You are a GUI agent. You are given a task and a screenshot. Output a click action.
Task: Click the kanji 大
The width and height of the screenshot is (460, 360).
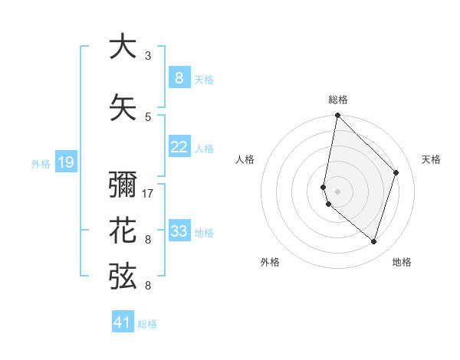click(x=123, y=47)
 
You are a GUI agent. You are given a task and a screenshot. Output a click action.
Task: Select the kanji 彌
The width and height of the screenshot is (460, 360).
click(x=123, y=186)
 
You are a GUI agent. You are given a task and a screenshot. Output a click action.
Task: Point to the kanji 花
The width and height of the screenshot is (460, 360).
click(x=123, y=231)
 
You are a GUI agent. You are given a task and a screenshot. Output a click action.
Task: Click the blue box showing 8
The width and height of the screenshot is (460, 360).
click(x=179, y=78)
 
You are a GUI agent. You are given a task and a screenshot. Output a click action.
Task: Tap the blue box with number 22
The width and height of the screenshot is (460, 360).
click(x=179, y=147)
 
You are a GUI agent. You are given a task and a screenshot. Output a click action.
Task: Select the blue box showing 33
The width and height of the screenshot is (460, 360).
click(x=179, y=231)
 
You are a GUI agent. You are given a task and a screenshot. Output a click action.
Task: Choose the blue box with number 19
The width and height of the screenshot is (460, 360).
click(x=65, y=162)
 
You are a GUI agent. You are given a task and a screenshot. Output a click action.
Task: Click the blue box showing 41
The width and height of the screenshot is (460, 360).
click(x=123, y=322)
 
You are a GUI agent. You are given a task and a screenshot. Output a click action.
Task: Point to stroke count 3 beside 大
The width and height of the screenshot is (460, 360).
click(x=148, y=56)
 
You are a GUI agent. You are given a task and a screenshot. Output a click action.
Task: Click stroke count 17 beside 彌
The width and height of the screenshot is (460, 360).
click(x=148, y=194)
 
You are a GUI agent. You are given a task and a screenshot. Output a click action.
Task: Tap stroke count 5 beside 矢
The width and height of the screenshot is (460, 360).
click(x=148, y=117)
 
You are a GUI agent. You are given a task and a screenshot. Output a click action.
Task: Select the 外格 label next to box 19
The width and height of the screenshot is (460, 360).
click(x=40, y=162)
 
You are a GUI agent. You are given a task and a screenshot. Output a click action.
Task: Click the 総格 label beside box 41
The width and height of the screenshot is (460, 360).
click(x=147, y=323)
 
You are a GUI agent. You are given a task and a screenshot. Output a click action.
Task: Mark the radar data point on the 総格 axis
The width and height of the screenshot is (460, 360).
click(x=337, y=116)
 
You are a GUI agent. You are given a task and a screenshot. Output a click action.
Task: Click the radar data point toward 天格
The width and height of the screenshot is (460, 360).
click(x=396, y=172)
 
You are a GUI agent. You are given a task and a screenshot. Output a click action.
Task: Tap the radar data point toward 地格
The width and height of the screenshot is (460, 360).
click(x=373, y=241)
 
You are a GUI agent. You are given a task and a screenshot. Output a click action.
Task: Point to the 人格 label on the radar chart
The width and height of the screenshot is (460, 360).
click(x=245, y=159)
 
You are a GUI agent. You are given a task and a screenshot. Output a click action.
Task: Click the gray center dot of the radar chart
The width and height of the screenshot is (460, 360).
click(x=337, y=191)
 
